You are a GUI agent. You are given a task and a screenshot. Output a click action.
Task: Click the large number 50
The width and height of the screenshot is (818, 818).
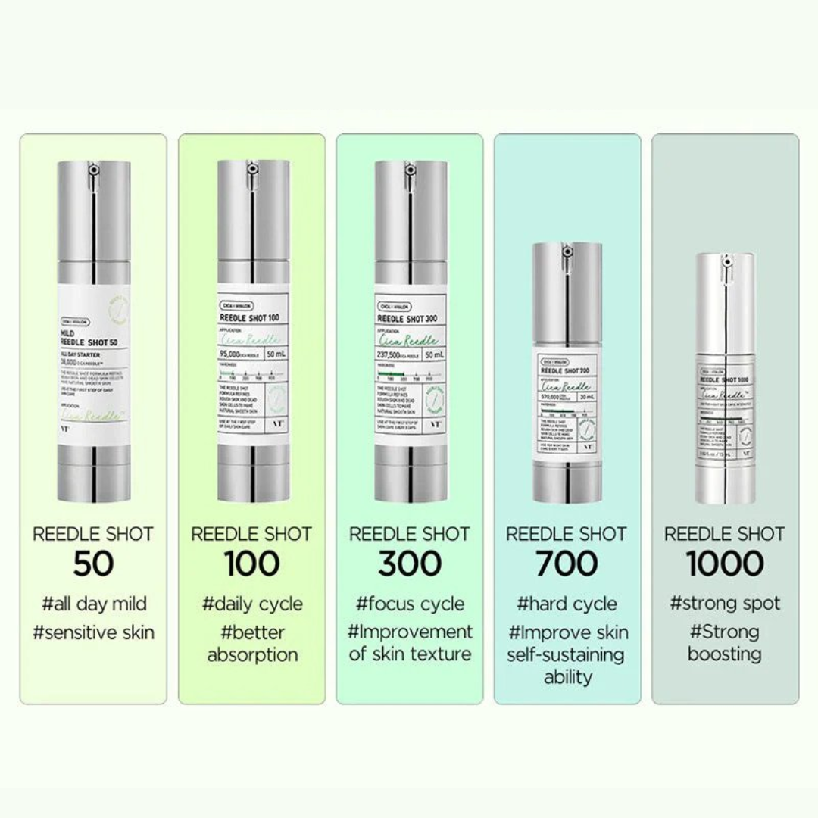click(x=93, y=564)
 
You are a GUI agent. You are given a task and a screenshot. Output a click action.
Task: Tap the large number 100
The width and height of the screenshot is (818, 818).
click(x=251, y=564)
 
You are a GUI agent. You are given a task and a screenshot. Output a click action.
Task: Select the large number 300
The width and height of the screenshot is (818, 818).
click(x=410, y=564)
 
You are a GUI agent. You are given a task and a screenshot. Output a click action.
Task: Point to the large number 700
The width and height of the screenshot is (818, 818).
click(x=567, y=564)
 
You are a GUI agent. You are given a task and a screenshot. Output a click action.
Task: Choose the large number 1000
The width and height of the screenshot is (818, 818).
click(x=725, y=564)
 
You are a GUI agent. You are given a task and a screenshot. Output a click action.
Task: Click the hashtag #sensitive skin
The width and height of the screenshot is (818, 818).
click(x=93, y=632)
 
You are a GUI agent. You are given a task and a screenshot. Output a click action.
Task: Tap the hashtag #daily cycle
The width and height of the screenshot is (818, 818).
click(x=252, y=604)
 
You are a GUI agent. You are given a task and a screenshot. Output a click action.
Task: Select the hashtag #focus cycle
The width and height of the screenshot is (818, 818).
click(x=410, y=604)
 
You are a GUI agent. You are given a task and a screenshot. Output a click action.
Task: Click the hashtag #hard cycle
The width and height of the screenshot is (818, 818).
click(x=567, y=604)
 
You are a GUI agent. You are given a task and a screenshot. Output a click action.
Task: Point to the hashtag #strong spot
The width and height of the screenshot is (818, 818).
click(x=725, y=604)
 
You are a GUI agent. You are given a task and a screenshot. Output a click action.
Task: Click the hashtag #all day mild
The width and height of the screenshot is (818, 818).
click(x=94, y=604)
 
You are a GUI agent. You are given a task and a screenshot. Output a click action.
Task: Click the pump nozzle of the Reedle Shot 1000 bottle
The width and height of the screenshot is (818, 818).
click(x=725, y=263)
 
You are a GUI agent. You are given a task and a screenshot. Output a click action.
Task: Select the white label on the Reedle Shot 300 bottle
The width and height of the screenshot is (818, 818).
click(x=409, y=364)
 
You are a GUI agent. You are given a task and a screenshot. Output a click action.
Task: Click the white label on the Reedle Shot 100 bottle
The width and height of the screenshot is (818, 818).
click(x=251, y=364)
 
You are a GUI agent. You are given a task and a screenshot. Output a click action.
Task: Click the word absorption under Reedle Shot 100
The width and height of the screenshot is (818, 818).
click(x=252, y=655)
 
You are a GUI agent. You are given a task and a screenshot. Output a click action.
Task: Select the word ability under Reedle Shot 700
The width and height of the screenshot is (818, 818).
click(x=567, y=676)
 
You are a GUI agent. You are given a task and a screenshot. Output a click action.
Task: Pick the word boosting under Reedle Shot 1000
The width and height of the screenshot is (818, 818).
click(x=725, y=654)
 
